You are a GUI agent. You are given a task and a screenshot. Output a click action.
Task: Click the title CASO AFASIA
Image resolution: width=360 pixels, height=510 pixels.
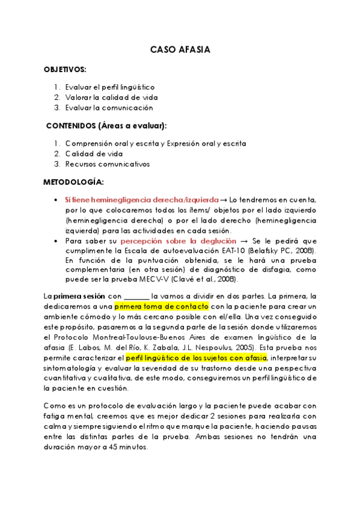(x=180, y=50)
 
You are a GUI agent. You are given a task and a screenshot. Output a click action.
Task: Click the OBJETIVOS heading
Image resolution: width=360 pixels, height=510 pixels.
(x=65, y=69)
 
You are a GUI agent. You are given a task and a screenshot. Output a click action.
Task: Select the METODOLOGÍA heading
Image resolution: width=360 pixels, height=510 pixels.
(x=73, y=182)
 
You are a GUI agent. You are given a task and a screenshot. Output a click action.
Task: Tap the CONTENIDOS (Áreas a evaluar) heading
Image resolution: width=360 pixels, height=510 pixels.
(x=106, y=125)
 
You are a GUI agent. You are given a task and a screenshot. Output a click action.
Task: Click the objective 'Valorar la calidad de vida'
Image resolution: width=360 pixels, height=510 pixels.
(x=111, y=97)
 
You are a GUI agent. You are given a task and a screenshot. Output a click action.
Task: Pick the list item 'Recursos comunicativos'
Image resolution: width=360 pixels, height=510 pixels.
(x=107, y=164)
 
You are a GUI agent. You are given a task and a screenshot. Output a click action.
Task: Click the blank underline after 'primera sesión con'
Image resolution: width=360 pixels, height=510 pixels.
(x=136, y=296)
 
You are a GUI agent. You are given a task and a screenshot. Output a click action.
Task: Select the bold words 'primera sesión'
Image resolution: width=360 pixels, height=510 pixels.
(x=79, y=296)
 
